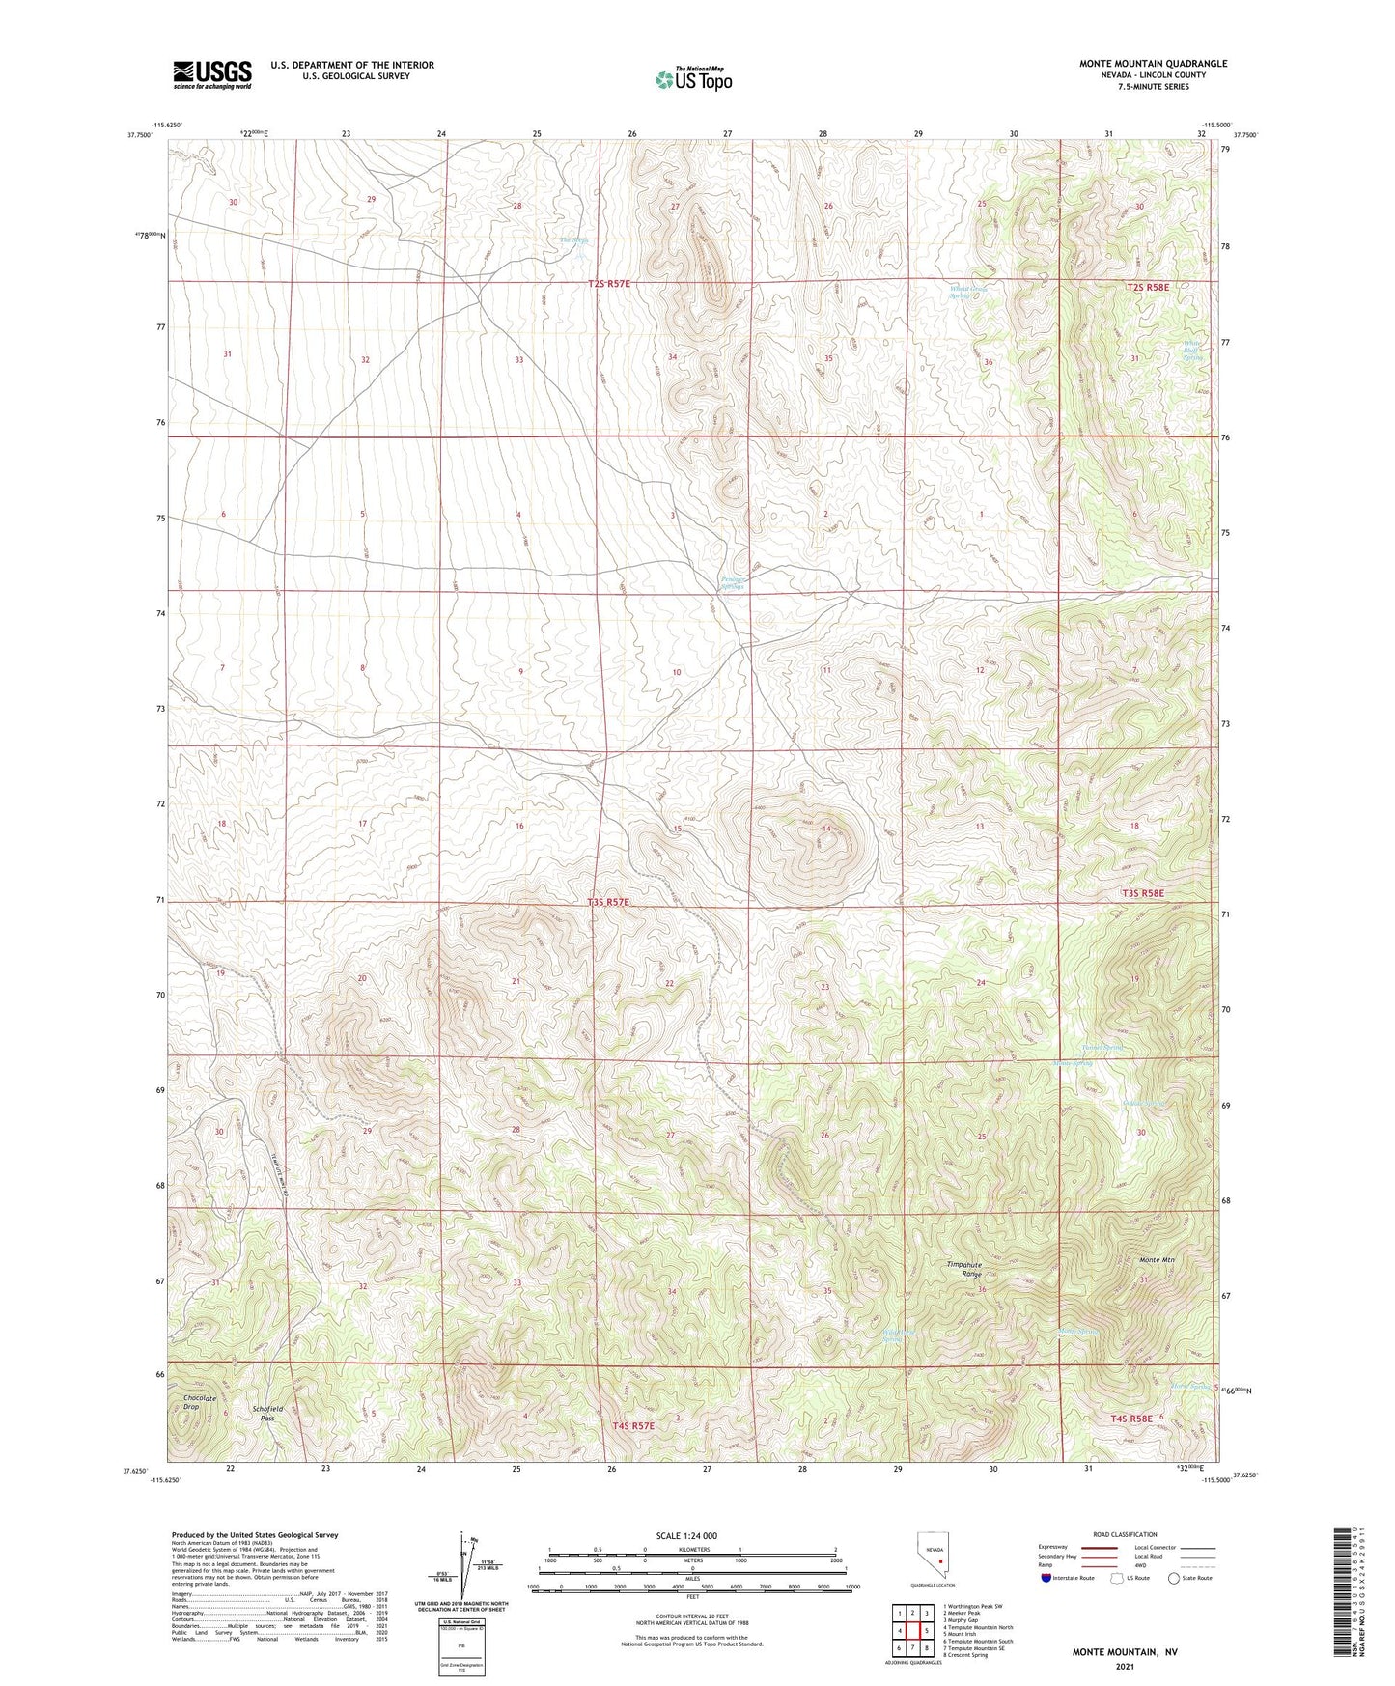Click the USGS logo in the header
[x=211, y=74]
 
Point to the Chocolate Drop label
[x=200, y=1402]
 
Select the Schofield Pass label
[x=266, y=1413]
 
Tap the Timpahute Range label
[x=965, y=1269]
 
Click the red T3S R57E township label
[x=608, y=902]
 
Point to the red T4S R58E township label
[x=1131, y=1419]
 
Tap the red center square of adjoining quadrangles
[x=912, y=1629]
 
